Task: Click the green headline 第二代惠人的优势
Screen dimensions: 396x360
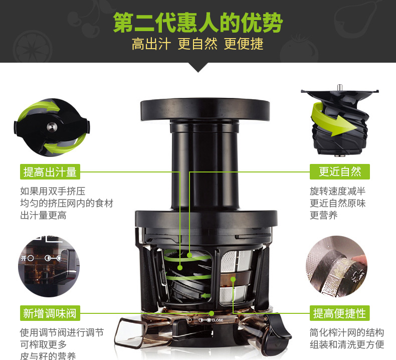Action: coord(197,23)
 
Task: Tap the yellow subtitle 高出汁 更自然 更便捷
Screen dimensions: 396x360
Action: coord(197,44)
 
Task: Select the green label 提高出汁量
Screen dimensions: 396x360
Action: coord(50,172)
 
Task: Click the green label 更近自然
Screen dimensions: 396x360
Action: coord(340,172)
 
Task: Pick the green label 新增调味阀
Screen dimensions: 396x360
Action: coord(50,313)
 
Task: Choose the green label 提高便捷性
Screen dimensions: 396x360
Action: coord(340,313)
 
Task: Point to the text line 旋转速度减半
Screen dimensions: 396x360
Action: coord(338,191)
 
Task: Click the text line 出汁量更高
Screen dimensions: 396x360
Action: coord(43,216)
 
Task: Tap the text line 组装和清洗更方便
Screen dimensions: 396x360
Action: coord(347,344)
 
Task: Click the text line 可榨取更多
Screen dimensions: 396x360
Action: coord(43,344)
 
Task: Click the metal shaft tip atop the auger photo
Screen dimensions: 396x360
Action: coord(339,87)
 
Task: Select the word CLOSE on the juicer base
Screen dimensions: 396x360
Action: coord(217,320)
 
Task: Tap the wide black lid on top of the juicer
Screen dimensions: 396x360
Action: coord(205,109)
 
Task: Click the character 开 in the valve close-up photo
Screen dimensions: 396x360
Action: coord(24,258)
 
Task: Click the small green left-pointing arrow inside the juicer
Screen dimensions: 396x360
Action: coord(206,296)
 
